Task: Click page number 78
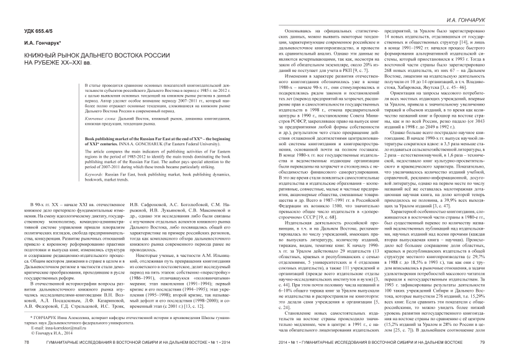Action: click(26, 341)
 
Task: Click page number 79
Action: click(482, 341)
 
